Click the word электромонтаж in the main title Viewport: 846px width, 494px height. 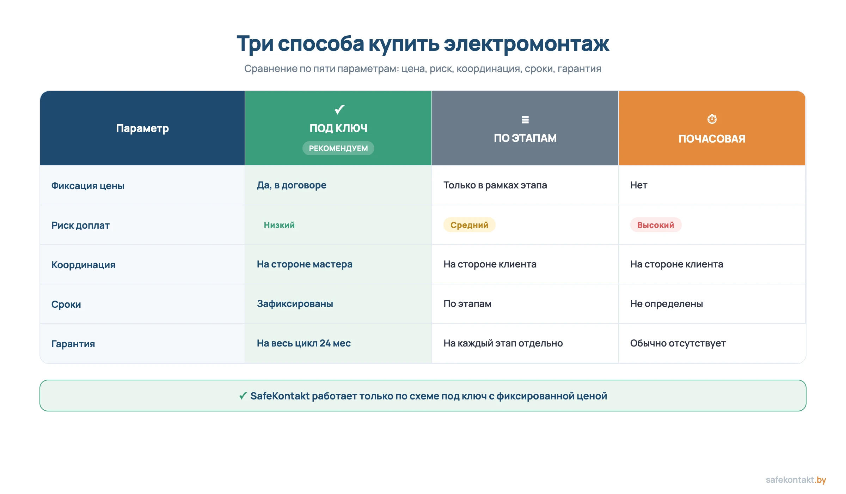coord(526,44)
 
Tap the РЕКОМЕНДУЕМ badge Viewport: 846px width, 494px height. coord(338,148)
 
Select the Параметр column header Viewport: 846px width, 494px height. coord(142,128)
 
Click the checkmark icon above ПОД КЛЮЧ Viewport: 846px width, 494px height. coord(339,109)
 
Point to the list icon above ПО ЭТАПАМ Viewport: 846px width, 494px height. coord(525,120)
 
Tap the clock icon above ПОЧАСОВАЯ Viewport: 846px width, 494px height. coord(712,119)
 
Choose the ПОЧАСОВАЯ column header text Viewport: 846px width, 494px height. coord(712,139)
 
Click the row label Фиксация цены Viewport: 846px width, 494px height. coord(88,186)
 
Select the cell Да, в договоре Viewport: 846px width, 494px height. coord(292,185)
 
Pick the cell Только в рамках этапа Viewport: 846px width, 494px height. coord(495,185)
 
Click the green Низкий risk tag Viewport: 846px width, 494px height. coord(279,225)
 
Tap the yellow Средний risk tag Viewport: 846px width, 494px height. coord(469,225)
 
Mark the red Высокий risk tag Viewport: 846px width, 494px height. coord(656,225)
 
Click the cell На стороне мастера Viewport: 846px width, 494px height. coord(305,264)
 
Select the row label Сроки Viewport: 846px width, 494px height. coord(66,304)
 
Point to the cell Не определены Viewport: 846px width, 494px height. coord(666,304)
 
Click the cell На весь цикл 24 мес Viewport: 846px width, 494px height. coord(304,343)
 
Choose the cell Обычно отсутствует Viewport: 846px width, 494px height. coord(678,343)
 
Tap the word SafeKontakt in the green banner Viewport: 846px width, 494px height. coord(280,396)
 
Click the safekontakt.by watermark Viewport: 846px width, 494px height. coord(796,480)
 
